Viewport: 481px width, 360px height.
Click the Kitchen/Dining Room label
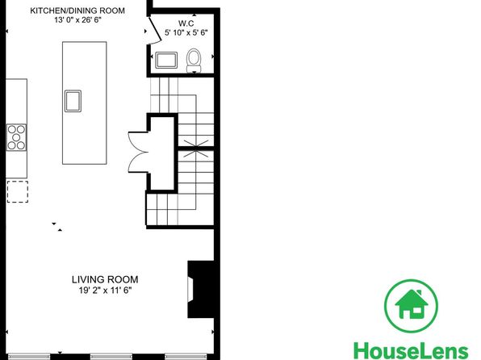tap(77, 10)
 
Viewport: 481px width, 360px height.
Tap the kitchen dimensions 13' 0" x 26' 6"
tap(78, 20)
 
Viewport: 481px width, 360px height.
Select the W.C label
tap(186, 23)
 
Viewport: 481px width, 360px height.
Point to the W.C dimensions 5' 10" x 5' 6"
tap(186, 32)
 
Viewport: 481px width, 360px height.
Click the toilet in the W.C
tap(194, 61)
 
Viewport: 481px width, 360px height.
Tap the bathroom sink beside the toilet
tap(166, 61)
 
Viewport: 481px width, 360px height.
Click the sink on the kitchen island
tap(73, 101)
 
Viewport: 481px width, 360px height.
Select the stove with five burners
tap(16, 137)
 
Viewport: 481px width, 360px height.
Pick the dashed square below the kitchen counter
tap(18, 192)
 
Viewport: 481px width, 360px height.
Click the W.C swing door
tap(156, 31)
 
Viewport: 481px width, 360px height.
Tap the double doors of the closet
tap(138, 152)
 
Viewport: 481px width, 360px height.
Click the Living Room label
tap(105, 279)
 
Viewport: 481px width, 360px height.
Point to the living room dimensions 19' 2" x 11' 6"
tap(105, 290)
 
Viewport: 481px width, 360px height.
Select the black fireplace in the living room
tap(201, 290)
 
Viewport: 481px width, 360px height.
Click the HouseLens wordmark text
tap(411, 350)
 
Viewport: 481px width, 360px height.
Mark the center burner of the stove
tap(16, 137)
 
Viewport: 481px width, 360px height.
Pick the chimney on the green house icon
tap(419, 293)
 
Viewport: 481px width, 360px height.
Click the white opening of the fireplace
tap(190, 290)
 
